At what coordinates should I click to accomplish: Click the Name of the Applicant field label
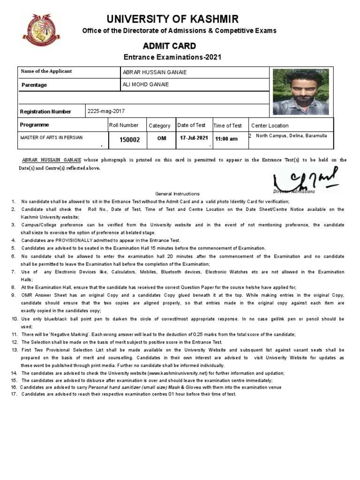coord(46,72)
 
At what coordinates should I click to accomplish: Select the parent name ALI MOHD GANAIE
coord(146,84)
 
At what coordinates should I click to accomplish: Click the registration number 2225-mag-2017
coord(106,111)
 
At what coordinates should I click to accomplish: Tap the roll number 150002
coord(129,140)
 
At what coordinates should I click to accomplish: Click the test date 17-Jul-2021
coord(194,138)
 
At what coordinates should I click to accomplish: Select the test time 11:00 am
coord(226,139)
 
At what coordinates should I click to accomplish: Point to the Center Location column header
coord(270,126)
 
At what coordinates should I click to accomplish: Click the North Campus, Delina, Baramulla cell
coord(290,135)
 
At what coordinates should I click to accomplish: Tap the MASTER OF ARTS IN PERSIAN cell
coord(51,137)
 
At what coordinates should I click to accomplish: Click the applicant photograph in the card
coord(300,92)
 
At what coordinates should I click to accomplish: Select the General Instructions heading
coord(177,194)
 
